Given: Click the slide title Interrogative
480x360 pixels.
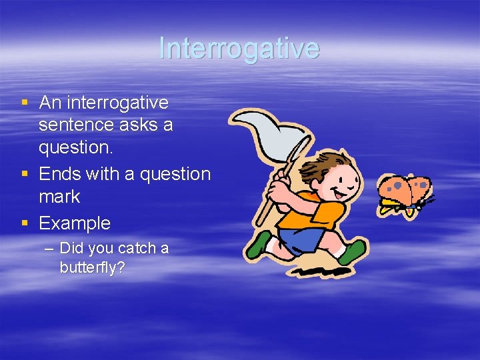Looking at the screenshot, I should coord(239,48).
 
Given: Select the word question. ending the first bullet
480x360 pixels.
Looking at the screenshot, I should coord(75,147).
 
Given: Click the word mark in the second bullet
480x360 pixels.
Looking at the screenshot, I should coord(59,197).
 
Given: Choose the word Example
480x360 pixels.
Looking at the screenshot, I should coord(75,223).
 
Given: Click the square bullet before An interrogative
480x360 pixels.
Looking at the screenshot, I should coord(25,103).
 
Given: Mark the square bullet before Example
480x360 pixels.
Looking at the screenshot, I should coord(25,223).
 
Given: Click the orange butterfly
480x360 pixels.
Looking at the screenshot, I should coord(404,193).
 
